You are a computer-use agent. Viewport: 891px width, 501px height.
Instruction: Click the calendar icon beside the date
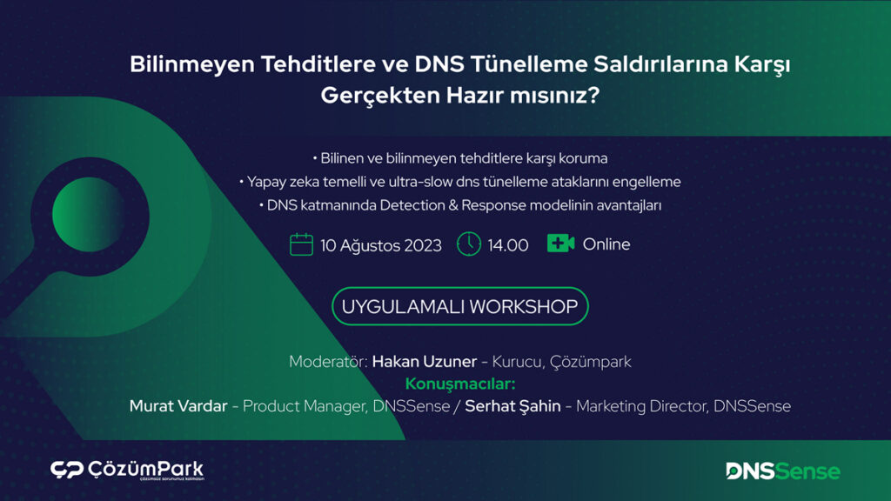click(301, 244)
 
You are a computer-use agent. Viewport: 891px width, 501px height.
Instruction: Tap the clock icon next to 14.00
click(469, 244)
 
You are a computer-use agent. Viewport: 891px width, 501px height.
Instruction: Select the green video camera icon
click(561, 244)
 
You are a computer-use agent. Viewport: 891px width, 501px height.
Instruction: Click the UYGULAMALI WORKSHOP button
click(459, 306)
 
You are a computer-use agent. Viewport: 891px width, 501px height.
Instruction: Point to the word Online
click(606, 244)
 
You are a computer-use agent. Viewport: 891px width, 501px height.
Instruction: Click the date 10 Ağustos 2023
click(381, 245)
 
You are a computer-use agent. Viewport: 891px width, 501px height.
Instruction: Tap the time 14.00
click(508, 245)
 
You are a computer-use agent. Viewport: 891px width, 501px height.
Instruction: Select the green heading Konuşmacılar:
click(460, 384)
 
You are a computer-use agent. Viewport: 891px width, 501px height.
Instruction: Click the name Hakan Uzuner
click(425, 361)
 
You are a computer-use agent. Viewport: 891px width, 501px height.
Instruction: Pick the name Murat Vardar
click(178, 406)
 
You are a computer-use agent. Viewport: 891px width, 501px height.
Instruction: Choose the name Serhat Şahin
click(512, 406)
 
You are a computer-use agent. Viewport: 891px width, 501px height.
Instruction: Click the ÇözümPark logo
click(127, 471)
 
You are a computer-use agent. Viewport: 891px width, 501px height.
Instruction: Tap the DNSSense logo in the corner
click(783, 471)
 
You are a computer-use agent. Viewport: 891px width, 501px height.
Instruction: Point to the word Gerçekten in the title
click(380, 96)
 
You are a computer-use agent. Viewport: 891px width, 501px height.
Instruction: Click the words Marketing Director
click(641, 406)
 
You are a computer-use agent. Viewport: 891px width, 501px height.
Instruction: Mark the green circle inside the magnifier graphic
click(89, 215)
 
